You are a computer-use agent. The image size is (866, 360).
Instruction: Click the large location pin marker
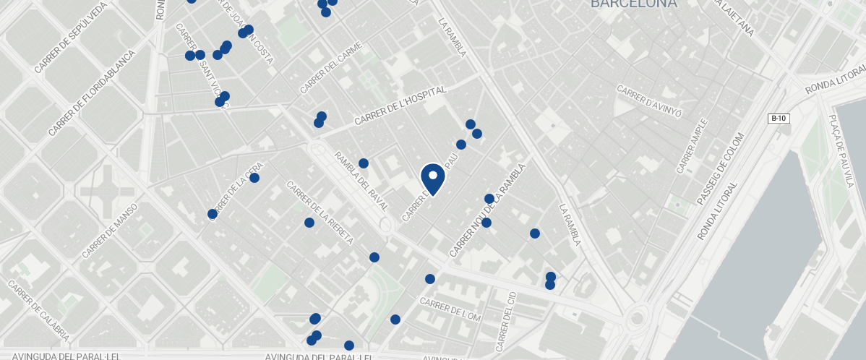click(432, 178)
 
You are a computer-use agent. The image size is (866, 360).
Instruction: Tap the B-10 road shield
click(778, 118)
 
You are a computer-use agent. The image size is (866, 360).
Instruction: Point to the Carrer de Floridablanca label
click(92, 93)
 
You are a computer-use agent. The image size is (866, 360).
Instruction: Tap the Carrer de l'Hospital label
click(401, 105)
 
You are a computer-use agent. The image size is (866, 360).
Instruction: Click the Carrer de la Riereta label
click(320, 213)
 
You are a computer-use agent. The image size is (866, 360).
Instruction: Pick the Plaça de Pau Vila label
click(841, 151)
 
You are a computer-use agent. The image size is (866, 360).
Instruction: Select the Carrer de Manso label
click(110, 231)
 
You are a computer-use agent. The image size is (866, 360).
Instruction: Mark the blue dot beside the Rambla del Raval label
click(364, 163)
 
